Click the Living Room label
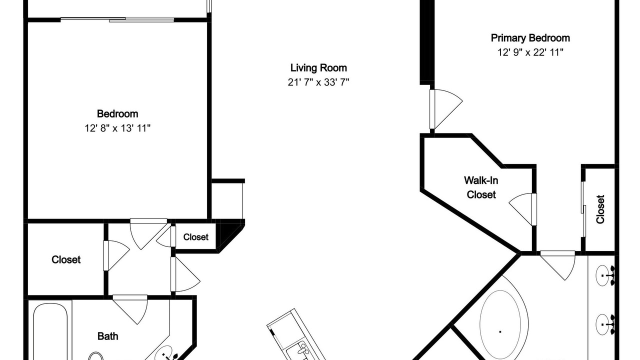tap(318, 68)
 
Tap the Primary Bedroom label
tap(530, 38)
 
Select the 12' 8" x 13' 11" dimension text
tap(117, 128)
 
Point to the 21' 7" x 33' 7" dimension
tap(318, 82)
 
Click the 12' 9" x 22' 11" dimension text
tap(530, 52)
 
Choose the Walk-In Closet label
tap(481, 187)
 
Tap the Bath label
tap(107, 336)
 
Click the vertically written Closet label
tap(600, 209)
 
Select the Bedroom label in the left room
tap(117, 113)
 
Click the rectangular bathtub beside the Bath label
tap(50, 331)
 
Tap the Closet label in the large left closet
tap(66, 259)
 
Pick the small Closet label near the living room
tap(195, 237)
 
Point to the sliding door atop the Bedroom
tap(117, 19)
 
